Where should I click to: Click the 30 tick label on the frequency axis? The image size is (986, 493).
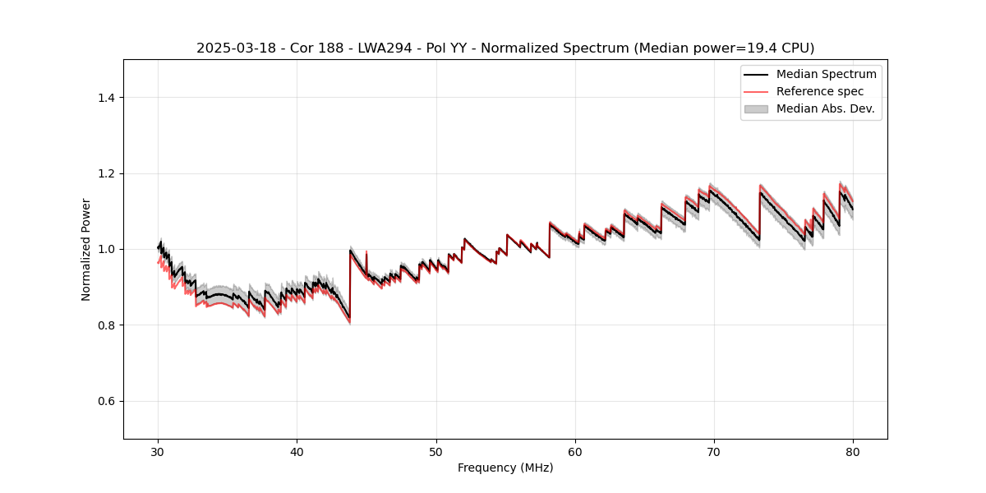click(158, 452)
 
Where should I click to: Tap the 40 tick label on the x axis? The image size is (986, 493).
click(297, 452)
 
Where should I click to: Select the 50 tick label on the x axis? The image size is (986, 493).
click(436, 452)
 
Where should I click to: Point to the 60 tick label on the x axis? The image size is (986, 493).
click(575, 452)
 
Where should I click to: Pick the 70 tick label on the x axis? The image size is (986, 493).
click(714, 452)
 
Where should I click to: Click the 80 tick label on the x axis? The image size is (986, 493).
click(853, 452)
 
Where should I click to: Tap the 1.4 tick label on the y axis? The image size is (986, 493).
click(106, 98)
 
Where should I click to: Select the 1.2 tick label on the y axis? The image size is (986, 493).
click(106, 173)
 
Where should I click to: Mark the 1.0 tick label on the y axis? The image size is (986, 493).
click(106, 249)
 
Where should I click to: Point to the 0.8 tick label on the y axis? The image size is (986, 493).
click(106, 325)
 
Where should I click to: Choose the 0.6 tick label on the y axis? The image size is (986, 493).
click(106, 401)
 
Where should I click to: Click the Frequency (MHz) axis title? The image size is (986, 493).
click(505, 468)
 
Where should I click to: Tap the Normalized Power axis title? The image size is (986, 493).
click(86, 249)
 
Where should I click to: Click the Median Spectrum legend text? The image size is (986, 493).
click(826, 75)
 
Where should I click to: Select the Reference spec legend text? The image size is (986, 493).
click(819, 91)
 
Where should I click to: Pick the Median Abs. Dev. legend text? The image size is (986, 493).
click(825, 108)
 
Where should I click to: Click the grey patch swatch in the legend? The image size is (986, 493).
click(756, 108)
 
